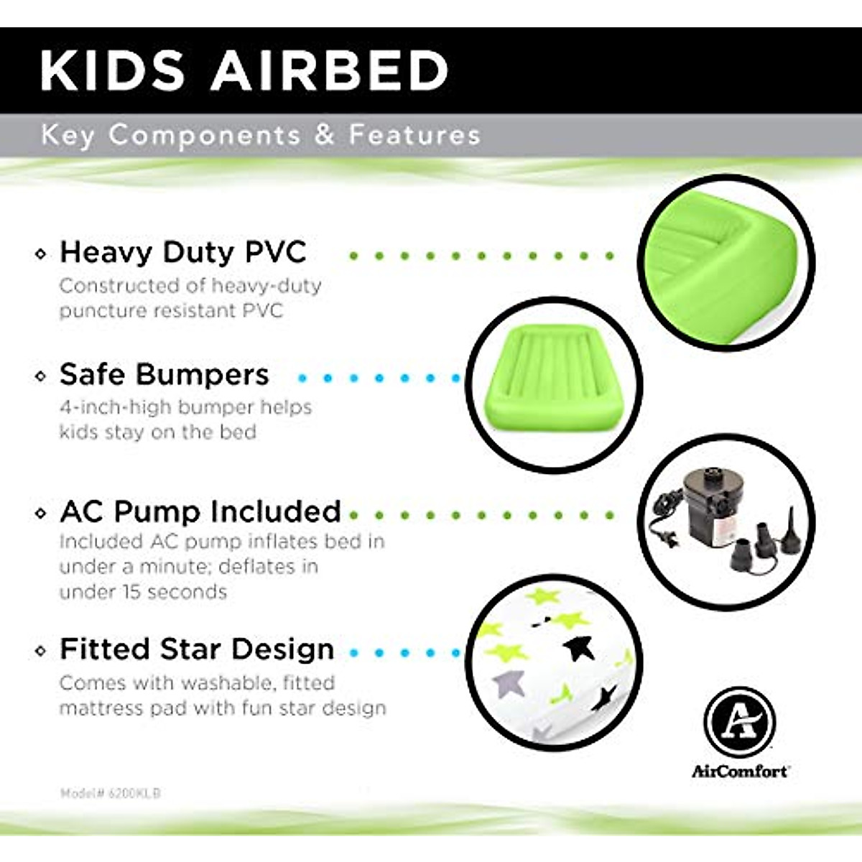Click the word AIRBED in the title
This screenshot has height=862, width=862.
coord(329,71)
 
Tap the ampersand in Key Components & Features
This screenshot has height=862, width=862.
coord(325,134)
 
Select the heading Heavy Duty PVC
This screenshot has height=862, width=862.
coord(183,252)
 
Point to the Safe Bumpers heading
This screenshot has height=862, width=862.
coord(164,374)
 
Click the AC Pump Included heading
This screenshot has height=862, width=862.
coord(200,511)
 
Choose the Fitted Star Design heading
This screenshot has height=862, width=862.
coord(197,649)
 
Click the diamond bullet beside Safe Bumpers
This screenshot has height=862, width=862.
coord(41,376)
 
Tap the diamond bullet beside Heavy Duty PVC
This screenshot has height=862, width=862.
coord(41,254)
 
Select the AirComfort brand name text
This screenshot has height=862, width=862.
coord(739,771)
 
